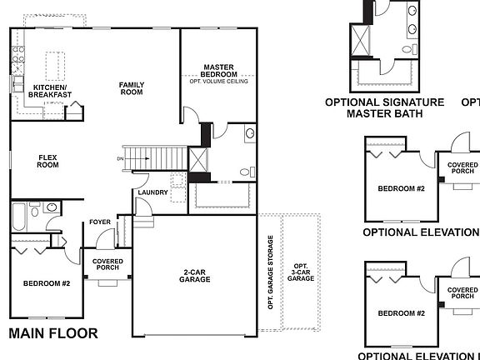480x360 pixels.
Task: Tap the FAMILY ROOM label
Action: click(131, 87)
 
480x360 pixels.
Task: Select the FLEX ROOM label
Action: click(47, 161)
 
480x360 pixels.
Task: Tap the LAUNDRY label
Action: click(153, 192)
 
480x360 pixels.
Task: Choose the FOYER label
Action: click(100, 222)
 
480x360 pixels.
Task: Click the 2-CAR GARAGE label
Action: click(196, 276)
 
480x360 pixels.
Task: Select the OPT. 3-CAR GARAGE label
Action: click(300, 270)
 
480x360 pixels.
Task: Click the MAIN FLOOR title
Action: click(53, 334)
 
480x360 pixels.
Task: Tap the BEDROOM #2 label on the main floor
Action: click(47, 283)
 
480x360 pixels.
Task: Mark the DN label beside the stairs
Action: click(120, 157)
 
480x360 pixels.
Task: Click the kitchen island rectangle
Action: click(54, 62)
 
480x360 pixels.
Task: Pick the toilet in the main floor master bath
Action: click(245, 172)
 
